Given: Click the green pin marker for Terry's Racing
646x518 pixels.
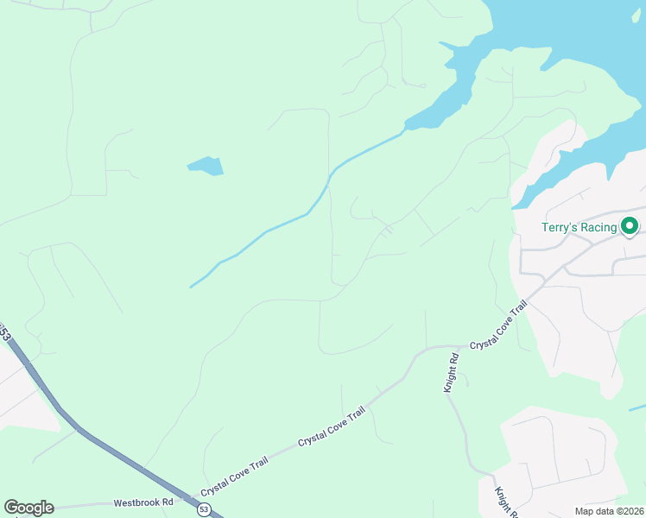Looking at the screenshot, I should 630,227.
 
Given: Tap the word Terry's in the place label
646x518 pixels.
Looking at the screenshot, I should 558,228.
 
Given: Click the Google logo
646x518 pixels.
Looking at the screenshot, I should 28,508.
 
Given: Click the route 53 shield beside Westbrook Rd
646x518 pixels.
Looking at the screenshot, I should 203,510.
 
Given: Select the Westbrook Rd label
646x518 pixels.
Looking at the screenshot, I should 144,502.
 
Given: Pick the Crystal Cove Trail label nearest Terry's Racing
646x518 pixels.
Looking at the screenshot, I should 498,326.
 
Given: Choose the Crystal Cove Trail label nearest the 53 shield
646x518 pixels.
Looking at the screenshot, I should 234,477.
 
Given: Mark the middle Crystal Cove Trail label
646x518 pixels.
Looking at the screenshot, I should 332,427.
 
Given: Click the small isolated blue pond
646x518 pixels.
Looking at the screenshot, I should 206,165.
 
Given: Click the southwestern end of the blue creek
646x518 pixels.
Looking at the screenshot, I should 191,287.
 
